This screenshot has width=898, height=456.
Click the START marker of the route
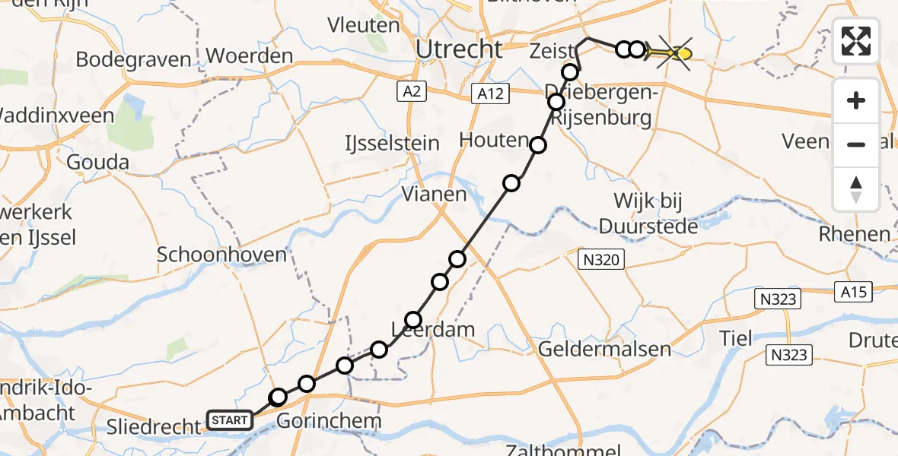229,420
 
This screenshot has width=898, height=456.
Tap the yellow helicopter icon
675,53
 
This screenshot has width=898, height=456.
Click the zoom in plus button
856,100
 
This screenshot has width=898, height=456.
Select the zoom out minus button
856,144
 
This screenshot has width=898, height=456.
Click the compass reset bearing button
856,188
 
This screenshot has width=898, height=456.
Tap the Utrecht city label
460,49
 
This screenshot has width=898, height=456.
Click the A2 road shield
411,92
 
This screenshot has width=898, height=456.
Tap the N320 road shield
601,261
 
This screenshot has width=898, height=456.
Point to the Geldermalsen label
604,349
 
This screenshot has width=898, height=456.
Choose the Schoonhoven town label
221,254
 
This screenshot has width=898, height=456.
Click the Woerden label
250,56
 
